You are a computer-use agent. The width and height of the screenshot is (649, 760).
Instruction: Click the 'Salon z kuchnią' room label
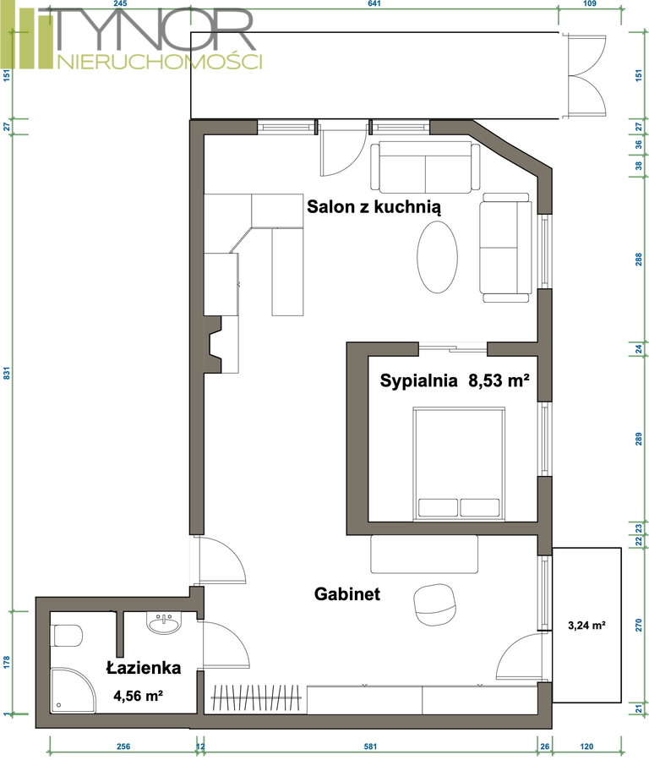(x=374, y=207)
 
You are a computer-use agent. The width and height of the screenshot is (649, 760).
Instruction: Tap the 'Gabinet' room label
(x=347, y=593)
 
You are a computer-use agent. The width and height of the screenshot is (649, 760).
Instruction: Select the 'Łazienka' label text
(x=144, y=668)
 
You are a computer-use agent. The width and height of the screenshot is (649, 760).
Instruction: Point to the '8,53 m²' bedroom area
(x=499, y=380)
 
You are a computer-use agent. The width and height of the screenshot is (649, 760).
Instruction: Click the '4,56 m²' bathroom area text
(x=138, y=696)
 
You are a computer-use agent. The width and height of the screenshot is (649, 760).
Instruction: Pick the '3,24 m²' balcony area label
(x=586, y=626)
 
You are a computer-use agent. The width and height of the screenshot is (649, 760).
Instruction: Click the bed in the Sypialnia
(x=459, y=464)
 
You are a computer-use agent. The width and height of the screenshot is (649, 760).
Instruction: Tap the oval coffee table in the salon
(x=438, y=257)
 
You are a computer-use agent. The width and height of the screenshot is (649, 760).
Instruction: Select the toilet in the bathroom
(x=67, y=636)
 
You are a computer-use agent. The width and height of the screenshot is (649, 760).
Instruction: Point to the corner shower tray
(x=73, y=690)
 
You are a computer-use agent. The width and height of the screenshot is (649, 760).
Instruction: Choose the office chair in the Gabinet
(x=434, y=604)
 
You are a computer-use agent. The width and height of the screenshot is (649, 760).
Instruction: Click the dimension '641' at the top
(x=374, y=4)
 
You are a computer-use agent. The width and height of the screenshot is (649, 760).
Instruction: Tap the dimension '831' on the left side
(x=7, y=373)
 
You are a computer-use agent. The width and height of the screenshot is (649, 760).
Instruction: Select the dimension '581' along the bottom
(x=370, y=746)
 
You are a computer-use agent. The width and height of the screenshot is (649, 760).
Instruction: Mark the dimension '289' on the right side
(x=638, y=439)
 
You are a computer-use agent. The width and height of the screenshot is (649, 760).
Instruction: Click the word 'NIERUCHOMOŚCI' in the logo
(x=160, y=62)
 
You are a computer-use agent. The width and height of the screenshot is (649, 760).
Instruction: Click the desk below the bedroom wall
(x=424, y=554)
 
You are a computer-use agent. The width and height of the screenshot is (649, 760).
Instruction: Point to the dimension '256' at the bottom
(x=123, y=746)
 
